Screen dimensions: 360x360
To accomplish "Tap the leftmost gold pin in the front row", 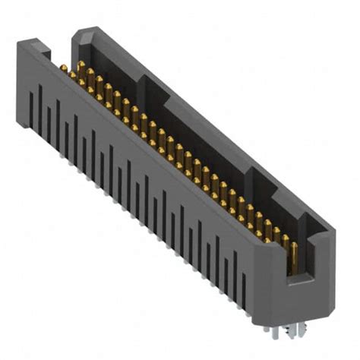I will pyautogui.click(x=63, y=73).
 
